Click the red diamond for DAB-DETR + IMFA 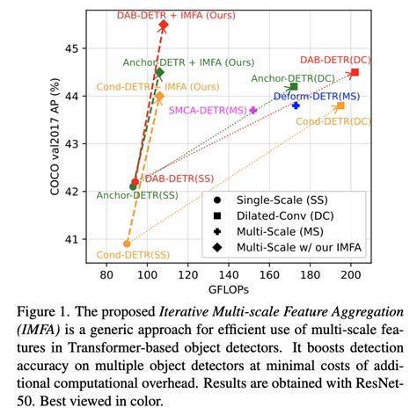coord(163,25)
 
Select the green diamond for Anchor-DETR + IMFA coord(159,73)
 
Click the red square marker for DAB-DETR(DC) coord(355,72)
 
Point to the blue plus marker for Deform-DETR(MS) coord(296,106)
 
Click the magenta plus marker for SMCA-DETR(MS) coord(254,110)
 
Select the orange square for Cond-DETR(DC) coord(340,106)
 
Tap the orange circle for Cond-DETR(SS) coord(127,244)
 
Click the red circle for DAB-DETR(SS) coord(135,182)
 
